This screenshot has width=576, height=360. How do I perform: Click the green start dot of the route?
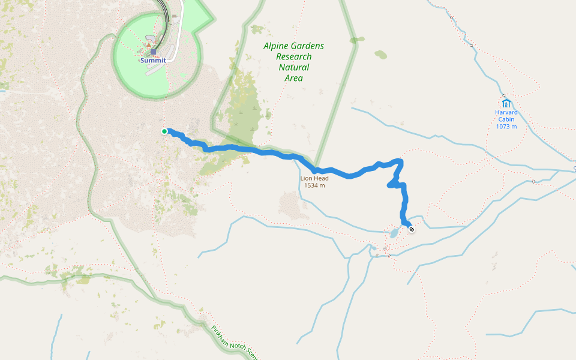point(164,131)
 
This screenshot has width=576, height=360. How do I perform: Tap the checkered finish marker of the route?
point(412,229)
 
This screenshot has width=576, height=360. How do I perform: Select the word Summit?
point(153,61)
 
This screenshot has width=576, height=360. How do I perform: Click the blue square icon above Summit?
point(154,52)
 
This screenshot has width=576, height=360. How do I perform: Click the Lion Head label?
point(314,178)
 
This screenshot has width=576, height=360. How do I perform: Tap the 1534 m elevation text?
point(314,185)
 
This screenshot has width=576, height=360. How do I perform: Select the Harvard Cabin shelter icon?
point(506,103)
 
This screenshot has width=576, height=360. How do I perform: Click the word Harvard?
point(506,112)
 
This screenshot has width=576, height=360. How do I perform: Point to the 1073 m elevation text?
point(506,127)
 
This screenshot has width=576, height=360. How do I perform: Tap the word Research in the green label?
point(293,57)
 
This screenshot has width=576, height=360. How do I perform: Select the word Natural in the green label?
point(293,67)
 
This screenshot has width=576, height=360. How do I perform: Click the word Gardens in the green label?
point(307,46)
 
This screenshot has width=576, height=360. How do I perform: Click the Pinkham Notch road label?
point(233,343)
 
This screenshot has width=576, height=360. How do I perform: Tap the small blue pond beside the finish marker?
point(394,232)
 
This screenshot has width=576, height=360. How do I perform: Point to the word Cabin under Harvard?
point(506,119)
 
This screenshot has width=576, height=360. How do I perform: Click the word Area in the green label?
point(294,78)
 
